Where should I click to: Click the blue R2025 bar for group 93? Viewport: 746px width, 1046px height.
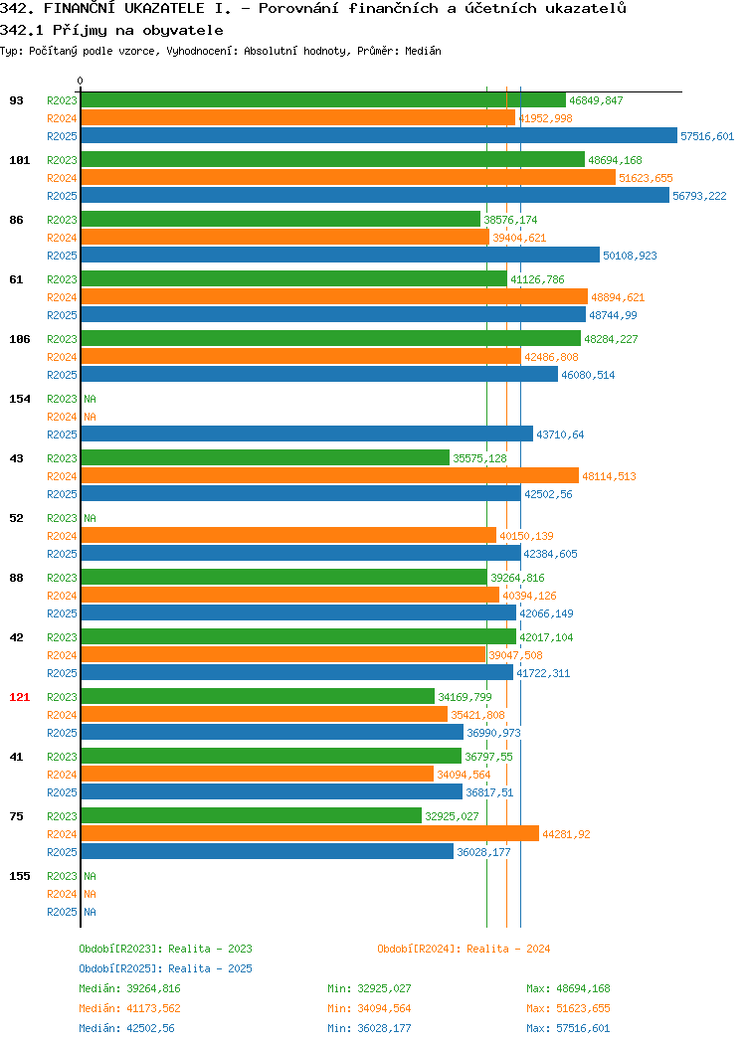click(x=379, y=135)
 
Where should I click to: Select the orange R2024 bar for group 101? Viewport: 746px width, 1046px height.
click(x=348, y=177)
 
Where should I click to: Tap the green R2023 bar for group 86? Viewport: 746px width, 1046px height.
click(x=280, y=220)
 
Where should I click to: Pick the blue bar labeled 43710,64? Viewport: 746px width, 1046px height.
click(x=307, y=435)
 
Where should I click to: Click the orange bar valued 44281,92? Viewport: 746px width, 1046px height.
click(x=310, y=834)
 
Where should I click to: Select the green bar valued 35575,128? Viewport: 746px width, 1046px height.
click(x=266, y=458)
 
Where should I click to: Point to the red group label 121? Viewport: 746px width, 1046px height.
click(x=19, y=697)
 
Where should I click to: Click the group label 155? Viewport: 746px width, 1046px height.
click(x=19, y=876)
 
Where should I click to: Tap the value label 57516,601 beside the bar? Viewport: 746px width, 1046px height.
click(x=707, y=136)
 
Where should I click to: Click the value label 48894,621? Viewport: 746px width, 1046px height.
click(x=618, y=297)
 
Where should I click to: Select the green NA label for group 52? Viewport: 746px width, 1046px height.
click(x=91, y=518)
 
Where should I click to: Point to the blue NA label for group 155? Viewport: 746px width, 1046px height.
click(x=91, y=912)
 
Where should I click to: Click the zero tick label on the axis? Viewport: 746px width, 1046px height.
click(x=81, y=81)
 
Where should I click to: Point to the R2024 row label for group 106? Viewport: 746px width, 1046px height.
click(x=62, y=358)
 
